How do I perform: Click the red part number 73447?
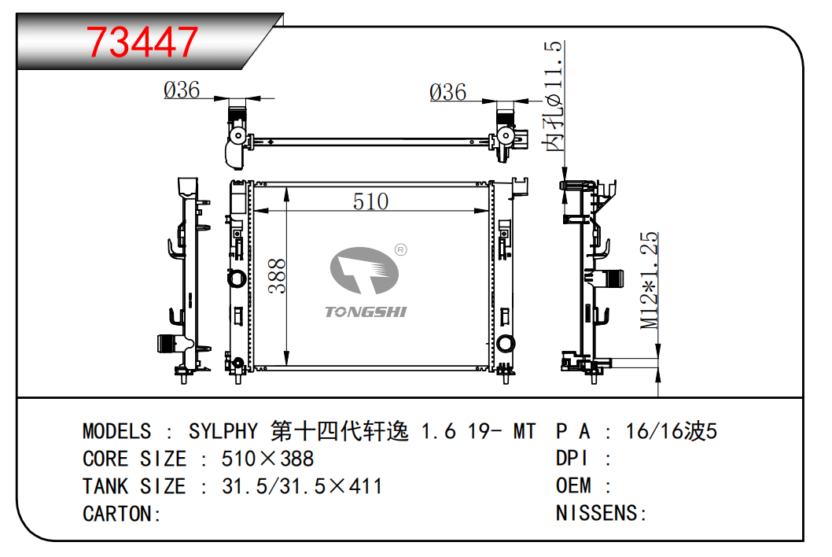point(142,42)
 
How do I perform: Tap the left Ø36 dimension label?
point(182,90)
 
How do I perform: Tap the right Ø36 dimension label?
point(447,92)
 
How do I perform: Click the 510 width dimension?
point(371,201)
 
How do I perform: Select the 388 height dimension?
point(277,276)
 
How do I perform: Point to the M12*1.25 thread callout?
point(649,280)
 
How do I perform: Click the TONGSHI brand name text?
point(366,312)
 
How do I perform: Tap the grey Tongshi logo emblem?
point(364,271)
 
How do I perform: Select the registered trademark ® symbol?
point(401,249)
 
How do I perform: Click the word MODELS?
point(116,431)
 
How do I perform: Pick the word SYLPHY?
point(223,431)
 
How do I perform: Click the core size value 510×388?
point(267,459)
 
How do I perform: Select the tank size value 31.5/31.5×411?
point(302,486)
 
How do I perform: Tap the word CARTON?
point(116,514)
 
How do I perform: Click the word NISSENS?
point(596,513)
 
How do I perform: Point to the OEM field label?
point(573,485)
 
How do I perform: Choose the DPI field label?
point(572,458)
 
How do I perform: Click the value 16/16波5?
point(672,431)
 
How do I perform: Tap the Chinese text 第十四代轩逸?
point(340,431)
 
